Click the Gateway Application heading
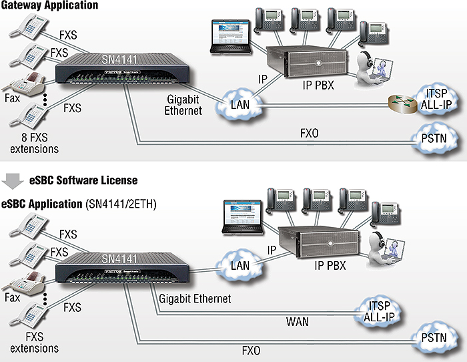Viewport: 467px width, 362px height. point(50,5)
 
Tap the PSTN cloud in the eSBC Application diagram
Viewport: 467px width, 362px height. point(434,337)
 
